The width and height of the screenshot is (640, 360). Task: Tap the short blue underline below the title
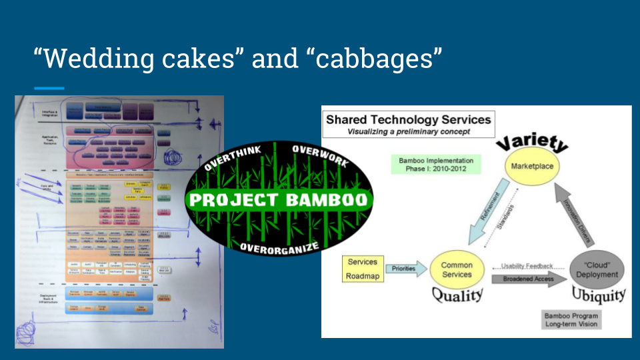point(49,88)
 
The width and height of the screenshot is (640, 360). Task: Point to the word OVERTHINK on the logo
point(233,158)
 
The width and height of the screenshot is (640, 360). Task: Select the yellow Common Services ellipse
point(457,269)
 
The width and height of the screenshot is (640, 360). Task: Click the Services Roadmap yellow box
point(362,267)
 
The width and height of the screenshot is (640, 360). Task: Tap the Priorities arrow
point(404,269)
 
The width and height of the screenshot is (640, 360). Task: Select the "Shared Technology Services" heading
point(408,120)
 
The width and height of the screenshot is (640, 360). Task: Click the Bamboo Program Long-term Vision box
point(571,319)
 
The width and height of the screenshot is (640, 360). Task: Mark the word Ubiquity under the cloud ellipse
point(598,295)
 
